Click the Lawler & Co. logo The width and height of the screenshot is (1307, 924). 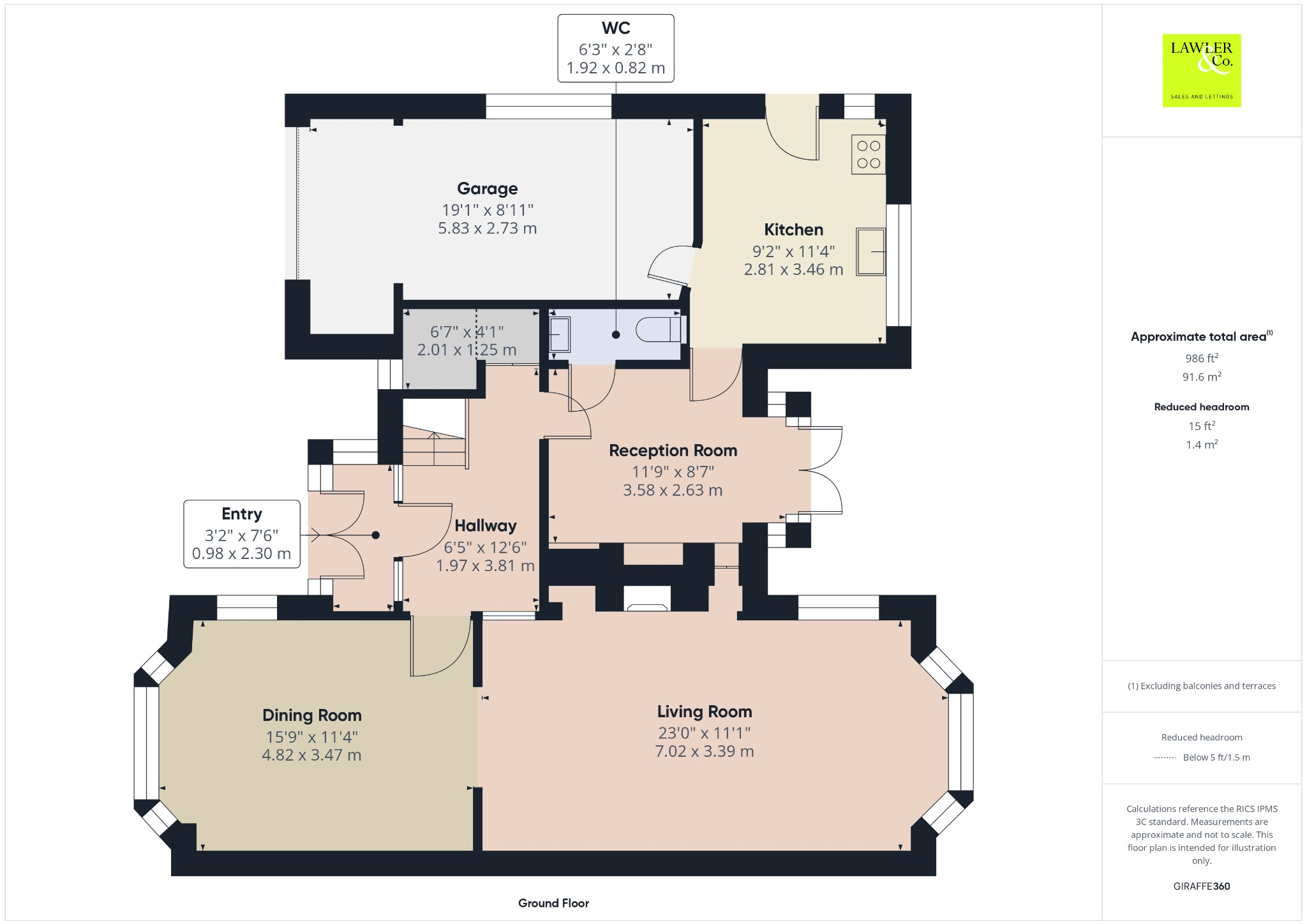1201,70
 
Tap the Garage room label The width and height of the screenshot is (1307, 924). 487,189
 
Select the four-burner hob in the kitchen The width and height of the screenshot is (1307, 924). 868,154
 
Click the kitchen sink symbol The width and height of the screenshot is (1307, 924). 870,252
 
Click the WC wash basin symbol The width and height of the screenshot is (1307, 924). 560,334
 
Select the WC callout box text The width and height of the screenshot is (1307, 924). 615,48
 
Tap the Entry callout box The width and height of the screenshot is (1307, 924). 241,534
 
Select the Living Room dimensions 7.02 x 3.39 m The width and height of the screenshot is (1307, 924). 704,752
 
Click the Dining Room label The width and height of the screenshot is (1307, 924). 311,715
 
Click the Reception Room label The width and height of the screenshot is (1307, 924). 673,451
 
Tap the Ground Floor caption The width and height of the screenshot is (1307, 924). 553,903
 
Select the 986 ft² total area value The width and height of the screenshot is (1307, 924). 1201,358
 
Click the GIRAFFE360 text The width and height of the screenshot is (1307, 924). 1201,886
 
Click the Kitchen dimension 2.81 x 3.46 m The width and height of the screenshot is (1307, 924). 793,270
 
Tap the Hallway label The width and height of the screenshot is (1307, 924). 485,526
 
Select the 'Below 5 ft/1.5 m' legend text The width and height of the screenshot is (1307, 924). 1216,757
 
